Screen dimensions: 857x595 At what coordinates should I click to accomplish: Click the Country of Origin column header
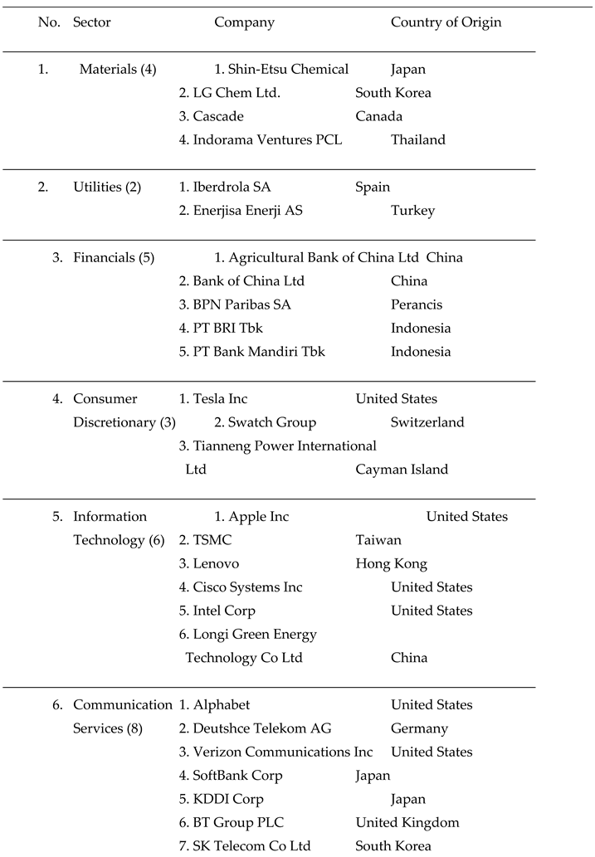pos(446,22)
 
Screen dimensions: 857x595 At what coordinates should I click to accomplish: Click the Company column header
pos(244,22)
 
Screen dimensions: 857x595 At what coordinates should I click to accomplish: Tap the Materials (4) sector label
pos(117,69)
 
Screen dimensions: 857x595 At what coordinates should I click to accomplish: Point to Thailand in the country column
pos(417,139)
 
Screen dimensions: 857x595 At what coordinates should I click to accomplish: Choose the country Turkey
pos(412,211)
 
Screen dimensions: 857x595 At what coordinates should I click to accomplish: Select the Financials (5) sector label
pos(113,257)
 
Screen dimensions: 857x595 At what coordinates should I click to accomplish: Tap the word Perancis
pos(417,304)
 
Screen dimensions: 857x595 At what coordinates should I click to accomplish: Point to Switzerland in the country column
pos(427,422)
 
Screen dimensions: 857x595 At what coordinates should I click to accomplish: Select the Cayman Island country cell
pos(402,470)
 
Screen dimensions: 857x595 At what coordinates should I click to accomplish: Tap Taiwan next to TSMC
pos(378,540)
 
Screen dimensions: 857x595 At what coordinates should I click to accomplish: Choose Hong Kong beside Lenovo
pos(391,563)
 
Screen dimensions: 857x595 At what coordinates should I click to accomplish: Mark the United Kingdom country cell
pos(407,822)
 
